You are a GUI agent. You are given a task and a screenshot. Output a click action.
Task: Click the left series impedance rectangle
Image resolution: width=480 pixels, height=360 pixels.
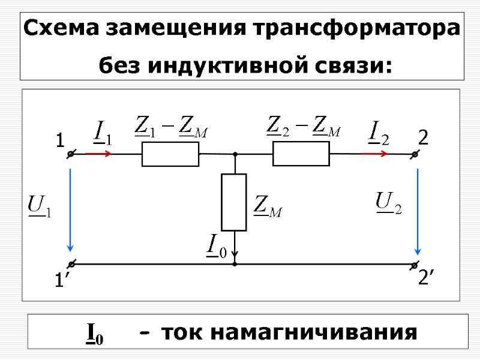pyautogui.click(x=170, y=154)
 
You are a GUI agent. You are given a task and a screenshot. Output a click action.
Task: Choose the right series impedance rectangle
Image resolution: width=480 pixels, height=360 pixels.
pyautogui.click(x=301, y=154)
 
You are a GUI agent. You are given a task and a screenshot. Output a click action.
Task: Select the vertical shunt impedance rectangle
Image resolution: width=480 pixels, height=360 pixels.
pyautogui.click(x=234, y=202)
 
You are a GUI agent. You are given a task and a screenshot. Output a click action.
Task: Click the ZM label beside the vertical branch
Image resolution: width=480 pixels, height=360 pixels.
pyautogui.click(x=268, y=206)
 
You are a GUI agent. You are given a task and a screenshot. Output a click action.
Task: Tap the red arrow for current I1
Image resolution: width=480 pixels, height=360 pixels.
pyautogui.click(x=98, y=154)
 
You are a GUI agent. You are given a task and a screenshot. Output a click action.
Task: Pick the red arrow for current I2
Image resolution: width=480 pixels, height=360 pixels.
pyautogui.click(x=374, y=154)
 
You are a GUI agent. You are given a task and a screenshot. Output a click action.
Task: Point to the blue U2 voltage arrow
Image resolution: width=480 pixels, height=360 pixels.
pyautogui.click(x=418, y=210)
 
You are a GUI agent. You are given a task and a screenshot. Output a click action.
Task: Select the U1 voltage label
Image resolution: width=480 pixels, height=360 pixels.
pyautogui.click(x=40, y=206)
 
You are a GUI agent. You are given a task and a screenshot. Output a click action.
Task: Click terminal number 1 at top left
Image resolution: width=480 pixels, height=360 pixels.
pyautogui.click(x=59, y=142)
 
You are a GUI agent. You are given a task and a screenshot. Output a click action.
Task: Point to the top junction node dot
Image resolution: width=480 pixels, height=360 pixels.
pyautogui.click(x=235, y=154)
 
